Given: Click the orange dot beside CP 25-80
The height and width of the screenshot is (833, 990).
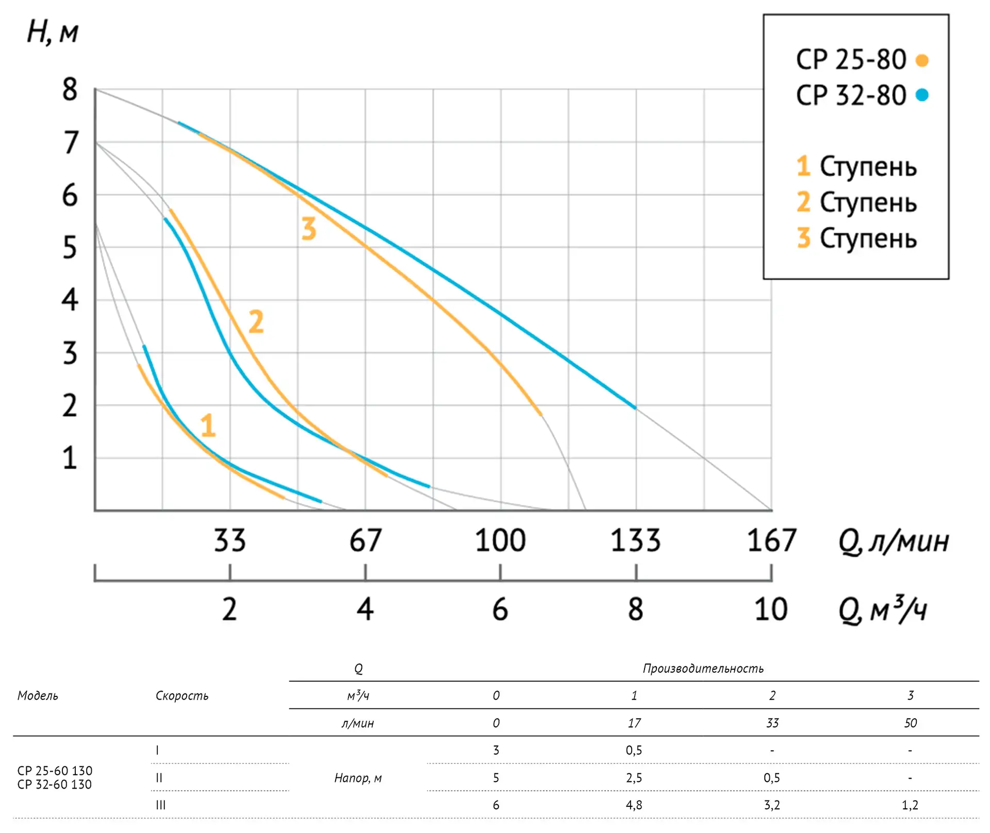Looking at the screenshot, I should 922,60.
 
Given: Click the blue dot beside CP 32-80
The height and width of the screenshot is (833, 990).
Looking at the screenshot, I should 922,95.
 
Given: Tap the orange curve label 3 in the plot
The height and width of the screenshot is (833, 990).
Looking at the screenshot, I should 308,229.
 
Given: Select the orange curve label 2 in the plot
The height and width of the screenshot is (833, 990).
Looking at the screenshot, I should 256,322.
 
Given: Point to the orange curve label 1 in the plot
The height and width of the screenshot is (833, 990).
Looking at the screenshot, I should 208,426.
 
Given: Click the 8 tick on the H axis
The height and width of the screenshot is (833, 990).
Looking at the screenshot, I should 70,90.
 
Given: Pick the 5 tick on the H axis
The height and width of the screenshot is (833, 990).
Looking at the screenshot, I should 70,248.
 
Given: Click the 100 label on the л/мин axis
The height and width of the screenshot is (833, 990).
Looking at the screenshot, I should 500,541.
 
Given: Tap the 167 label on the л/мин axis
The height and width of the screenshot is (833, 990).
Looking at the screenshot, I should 771,541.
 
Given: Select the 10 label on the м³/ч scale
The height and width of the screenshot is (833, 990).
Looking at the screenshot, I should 771,609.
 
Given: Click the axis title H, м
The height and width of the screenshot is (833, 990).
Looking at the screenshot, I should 53,32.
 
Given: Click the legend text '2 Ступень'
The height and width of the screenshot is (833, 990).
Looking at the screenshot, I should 857,202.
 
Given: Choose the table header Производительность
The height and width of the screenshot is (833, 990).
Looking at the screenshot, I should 703,669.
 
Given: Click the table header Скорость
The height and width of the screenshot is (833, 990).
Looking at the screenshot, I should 182,696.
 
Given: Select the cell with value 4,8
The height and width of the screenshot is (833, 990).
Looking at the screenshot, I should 634,805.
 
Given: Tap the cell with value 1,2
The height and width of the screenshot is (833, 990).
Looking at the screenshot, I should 910,805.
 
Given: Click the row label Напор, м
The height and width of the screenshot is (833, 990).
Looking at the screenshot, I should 358,778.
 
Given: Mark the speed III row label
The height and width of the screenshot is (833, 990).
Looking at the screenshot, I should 161,805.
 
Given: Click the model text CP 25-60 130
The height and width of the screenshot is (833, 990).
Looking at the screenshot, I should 55,771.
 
